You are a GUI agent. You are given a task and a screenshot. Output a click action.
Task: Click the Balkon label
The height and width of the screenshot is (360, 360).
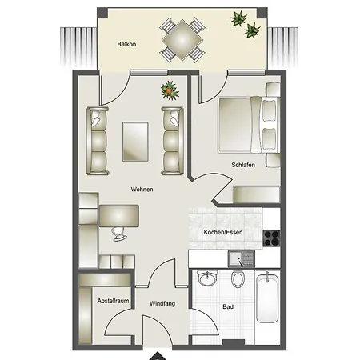(x=126, y=44)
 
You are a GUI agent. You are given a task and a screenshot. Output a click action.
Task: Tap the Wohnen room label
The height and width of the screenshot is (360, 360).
(x=142, y=190)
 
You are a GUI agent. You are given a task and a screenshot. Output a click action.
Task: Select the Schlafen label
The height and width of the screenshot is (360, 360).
(x=243, y=165)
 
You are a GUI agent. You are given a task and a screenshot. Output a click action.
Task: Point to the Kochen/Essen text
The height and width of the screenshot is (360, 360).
(x=223, y=232)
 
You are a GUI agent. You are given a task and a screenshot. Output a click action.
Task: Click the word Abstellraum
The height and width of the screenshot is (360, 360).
(x=113, y=301)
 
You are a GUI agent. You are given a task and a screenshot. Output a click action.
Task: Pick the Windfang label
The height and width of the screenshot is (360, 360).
(x=162, y=303)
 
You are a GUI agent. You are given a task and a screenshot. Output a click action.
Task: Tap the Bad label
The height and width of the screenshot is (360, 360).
(x=228, y=306)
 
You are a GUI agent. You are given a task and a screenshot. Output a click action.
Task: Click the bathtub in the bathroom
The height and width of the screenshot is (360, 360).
(x=267, y=298)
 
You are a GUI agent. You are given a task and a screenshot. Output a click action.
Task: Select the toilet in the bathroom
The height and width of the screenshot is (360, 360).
(x=238, y=278)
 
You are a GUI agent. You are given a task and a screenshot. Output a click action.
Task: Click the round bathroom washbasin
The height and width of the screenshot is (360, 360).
(x=207, y=278)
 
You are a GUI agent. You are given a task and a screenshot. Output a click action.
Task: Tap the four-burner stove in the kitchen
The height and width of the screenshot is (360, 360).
(x=271, y=238)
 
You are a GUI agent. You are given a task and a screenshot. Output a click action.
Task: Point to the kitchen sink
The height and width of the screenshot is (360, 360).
(x=242, y=259)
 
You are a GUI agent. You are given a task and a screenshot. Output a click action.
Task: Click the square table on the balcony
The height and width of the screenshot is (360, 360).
(x=182, y=40)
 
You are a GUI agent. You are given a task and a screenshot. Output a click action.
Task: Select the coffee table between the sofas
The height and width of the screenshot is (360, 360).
(x=135, y=142)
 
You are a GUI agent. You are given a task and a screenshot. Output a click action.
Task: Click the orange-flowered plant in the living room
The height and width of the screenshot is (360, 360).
(x=170, y=90)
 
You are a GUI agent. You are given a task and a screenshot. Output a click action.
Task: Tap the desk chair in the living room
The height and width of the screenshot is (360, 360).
(x=119, y=234)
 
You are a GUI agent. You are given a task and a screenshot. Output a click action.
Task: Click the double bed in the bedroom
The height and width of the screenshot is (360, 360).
(x=249, y=125)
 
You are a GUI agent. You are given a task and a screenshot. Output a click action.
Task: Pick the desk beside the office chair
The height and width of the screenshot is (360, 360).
(x=119, y=216)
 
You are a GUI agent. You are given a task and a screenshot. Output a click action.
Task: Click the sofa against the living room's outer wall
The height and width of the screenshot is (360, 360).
(x=98, y=141)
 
